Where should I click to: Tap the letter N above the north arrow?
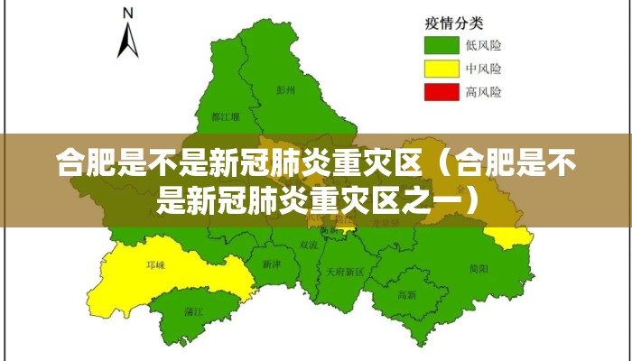(128, 14)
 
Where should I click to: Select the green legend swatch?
(443, 44)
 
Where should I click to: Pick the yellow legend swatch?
(443, 68)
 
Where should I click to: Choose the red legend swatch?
(443, 91)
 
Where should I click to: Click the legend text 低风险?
(484, 44)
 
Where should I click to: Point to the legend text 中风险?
(484, 68)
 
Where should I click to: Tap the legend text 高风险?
(484, 91)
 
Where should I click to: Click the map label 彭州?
(286, 91)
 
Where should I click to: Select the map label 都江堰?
(225, 116)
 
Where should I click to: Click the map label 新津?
(272, 264)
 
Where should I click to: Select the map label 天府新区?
(344, 271)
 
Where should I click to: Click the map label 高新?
(407, 294)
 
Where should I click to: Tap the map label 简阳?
(479, 268)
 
